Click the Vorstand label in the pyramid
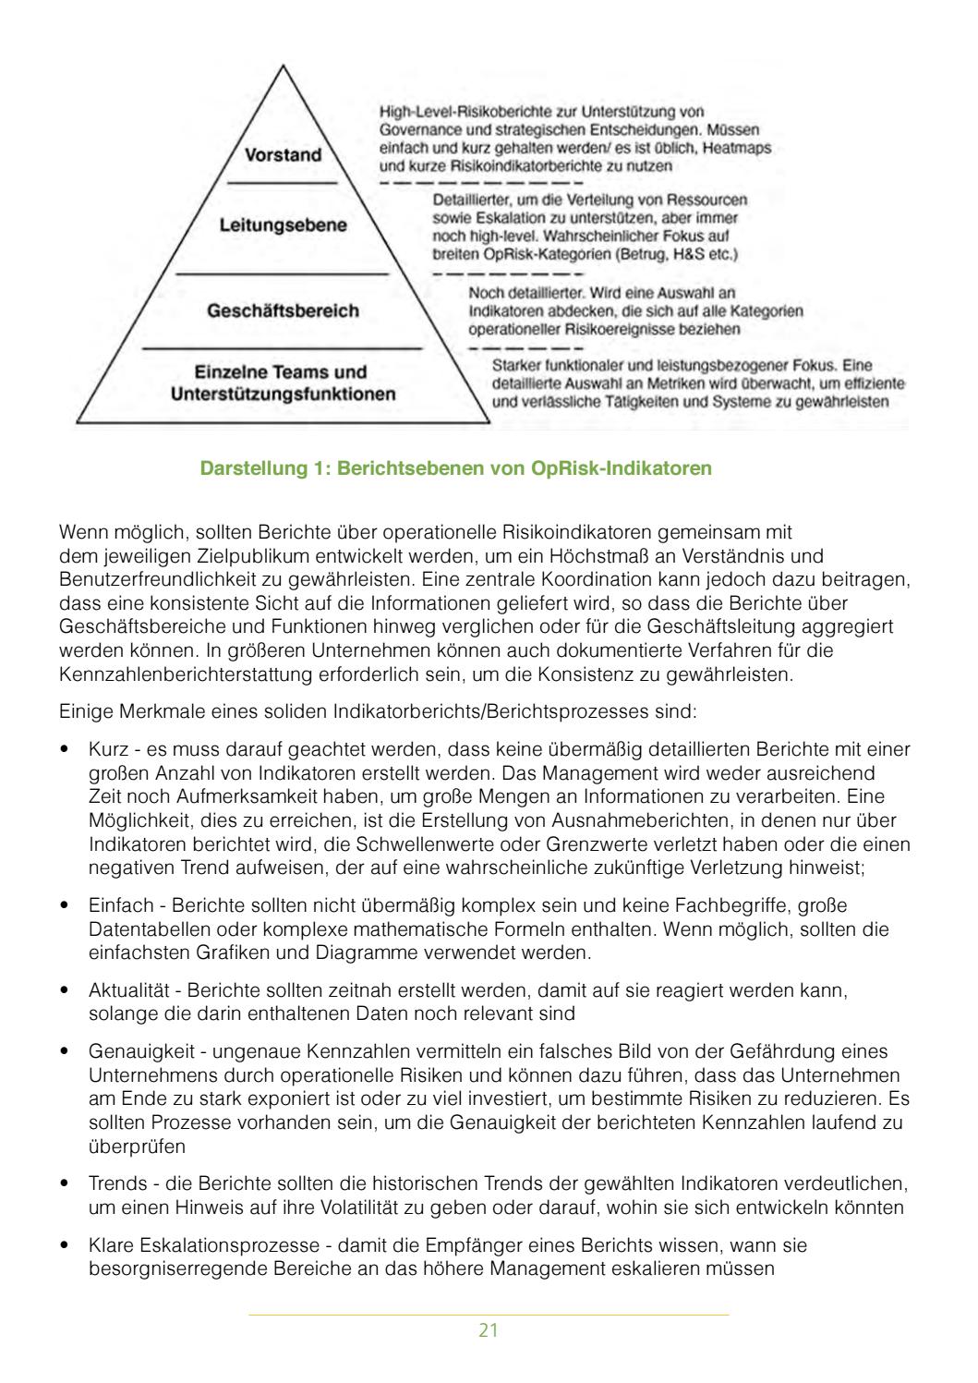283,155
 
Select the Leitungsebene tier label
283,225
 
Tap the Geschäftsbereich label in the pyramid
283,310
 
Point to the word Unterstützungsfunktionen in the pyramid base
283,394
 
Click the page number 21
489,1330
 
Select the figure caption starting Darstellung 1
456,468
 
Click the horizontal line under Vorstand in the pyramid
283,185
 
